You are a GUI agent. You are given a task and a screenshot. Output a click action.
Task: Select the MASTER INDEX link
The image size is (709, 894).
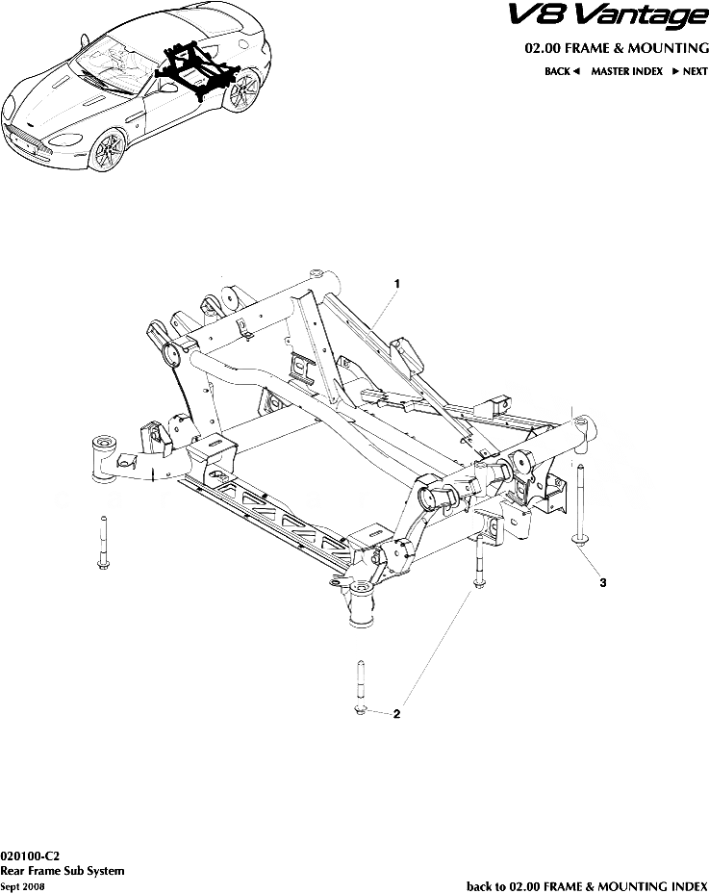coord(626,72)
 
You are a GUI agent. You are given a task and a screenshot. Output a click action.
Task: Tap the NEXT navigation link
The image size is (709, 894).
coord(690,72)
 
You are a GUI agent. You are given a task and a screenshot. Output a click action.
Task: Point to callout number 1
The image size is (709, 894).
coord(396,283)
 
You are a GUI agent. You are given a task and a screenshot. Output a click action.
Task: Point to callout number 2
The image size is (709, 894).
coord(396,714)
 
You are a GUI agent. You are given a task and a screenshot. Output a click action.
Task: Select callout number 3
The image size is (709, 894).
coord(602,583)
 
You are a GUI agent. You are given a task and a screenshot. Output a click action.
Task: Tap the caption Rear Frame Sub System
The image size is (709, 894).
coord(63,871)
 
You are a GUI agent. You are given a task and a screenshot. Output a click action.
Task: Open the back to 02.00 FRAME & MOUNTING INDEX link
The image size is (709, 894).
coord(587,885)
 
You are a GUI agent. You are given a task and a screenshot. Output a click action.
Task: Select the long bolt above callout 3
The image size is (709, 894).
coord(580,505)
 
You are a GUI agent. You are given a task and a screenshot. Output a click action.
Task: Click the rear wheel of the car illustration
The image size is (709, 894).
coord(246,91)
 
